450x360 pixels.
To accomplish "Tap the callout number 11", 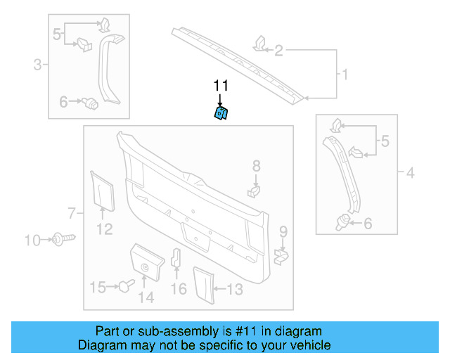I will [221, 86].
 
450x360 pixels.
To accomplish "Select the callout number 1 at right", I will [345, 74].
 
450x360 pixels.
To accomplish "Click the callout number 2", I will [279, 50].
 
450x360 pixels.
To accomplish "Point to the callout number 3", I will [38, 66].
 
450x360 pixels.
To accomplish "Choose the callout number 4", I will [411, 171].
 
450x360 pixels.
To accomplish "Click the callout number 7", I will [71, 212].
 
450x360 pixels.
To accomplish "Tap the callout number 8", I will [256, 166].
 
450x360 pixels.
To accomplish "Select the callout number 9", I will [283, 231].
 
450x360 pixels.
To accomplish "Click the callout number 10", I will [32, 240].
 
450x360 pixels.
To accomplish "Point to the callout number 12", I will [104, 229].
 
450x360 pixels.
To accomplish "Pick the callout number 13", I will [235, 288].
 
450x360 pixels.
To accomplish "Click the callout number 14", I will [146, 297].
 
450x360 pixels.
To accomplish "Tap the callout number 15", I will [97, 287].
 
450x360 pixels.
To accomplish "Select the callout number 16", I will [179, 288].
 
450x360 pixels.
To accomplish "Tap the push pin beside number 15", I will [126, 285].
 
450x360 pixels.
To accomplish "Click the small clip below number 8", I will [255, 189].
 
